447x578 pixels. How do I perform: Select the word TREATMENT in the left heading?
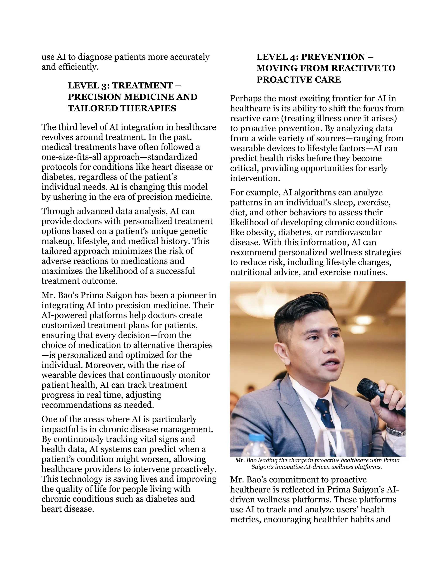[x=142, y=86]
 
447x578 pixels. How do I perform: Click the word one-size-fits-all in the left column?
[x=72, y=157]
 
